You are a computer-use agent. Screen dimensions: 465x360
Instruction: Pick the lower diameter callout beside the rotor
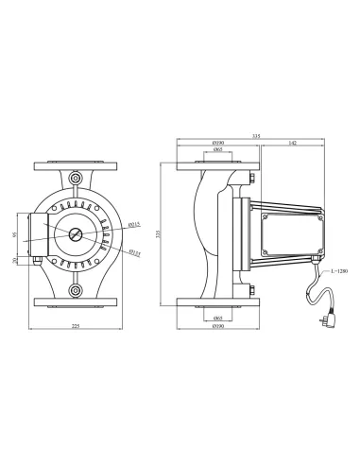tap(134, 252)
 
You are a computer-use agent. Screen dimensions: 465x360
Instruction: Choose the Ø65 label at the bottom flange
tap(217, 317)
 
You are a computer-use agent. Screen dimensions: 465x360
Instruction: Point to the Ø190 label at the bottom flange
tap(217, 325)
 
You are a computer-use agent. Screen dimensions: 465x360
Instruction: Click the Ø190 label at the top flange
tap(217, 143)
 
